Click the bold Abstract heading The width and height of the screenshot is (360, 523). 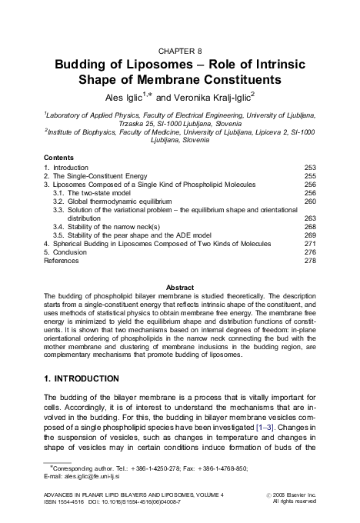pyautogui.click(x=179, y=287)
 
